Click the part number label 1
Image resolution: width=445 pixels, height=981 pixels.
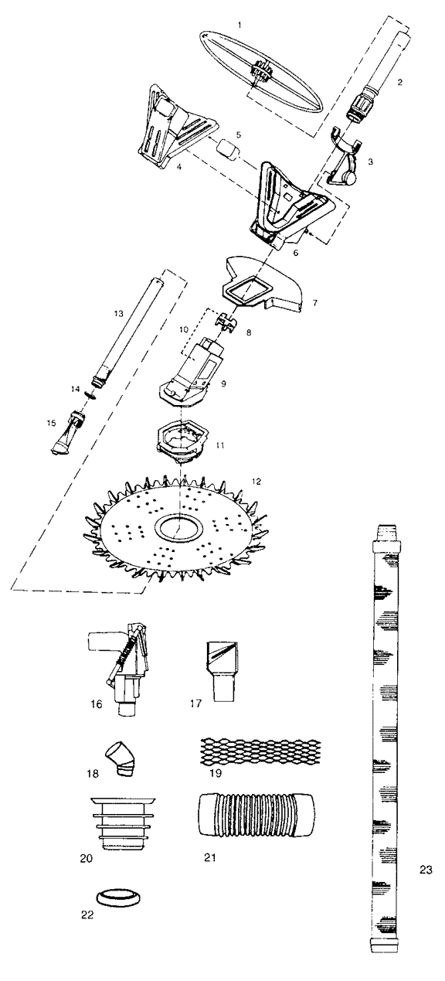[x=239, y=26]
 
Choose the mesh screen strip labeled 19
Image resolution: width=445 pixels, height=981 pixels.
[x=260, y=752]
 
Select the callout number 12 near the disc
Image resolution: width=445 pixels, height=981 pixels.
[x=256, y=482]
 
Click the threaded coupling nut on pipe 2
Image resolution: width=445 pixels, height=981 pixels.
[x=358, y=107]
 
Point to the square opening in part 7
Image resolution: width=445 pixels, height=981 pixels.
[x=248, y=291]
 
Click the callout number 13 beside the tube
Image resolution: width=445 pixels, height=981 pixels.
[x=118, y=314]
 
